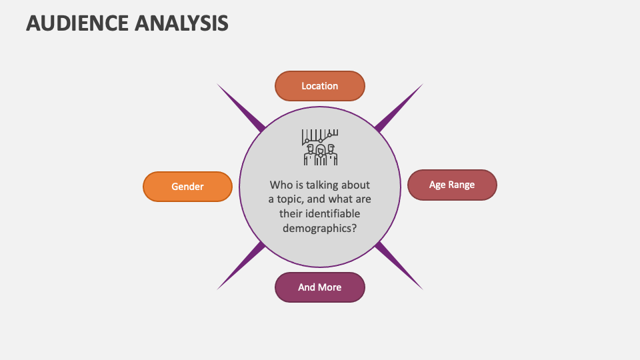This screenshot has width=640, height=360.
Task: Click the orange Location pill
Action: (x=320, y=86)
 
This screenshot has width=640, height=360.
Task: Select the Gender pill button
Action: (x=187, y=187)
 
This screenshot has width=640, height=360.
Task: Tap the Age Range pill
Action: (x=452, y=185)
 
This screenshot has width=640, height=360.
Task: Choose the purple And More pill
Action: (x=320, y=287)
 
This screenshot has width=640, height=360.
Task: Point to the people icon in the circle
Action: (x=320, y=154)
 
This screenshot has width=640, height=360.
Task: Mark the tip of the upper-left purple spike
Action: (x=218, y=85)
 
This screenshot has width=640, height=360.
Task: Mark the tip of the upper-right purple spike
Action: (x=422, y=85)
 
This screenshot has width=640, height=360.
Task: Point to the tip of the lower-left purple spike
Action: (x=218, y=289)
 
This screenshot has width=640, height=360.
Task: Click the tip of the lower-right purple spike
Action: (x=422, y=289)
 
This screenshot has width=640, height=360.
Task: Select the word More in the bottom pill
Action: (x=329, y=287)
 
